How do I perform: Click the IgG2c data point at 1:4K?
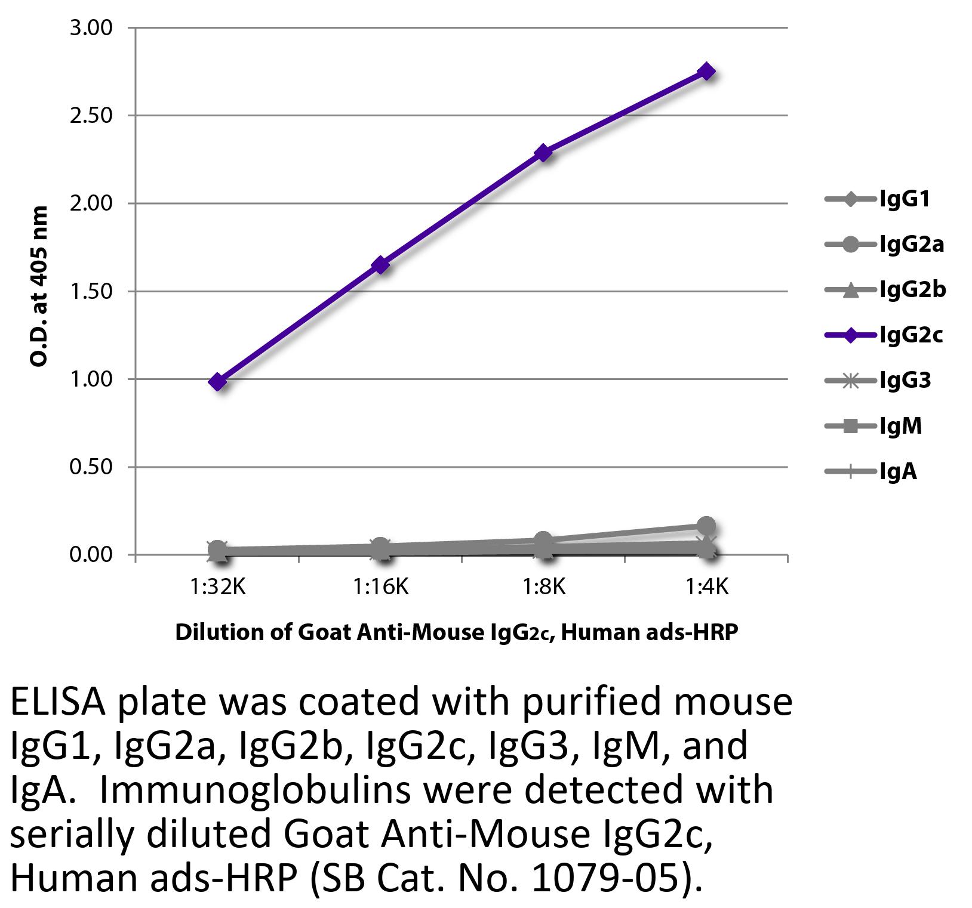coord(706,72)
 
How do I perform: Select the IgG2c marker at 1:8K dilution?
coord(543,153)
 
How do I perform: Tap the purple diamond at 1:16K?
coord(380,265)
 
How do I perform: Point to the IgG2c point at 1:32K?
coord(218,381)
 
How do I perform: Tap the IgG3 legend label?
coord(905,381)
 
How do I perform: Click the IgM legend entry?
coord(900,426)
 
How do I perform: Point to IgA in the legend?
coord(897,472)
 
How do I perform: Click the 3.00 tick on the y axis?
coord(91,28)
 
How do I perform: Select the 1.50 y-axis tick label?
coord(91,292)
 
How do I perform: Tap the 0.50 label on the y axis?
coord(91,467)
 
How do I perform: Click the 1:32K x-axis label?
coord(218,588)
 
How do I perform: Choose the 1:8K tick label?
coord(543,588)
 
